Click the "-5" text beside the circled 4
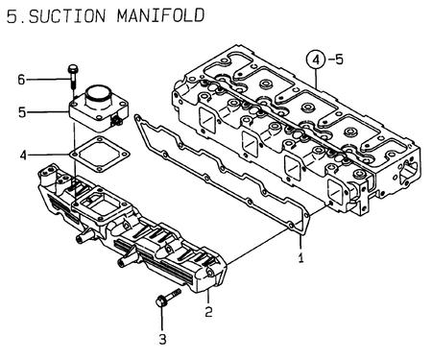click(341, 60)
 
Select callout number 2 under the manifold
click(207, 309)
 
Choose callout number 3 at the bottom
click(161, 338)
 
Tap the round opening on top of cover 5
click(99, 96)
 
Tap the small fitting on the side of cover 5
click(119, 121)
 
